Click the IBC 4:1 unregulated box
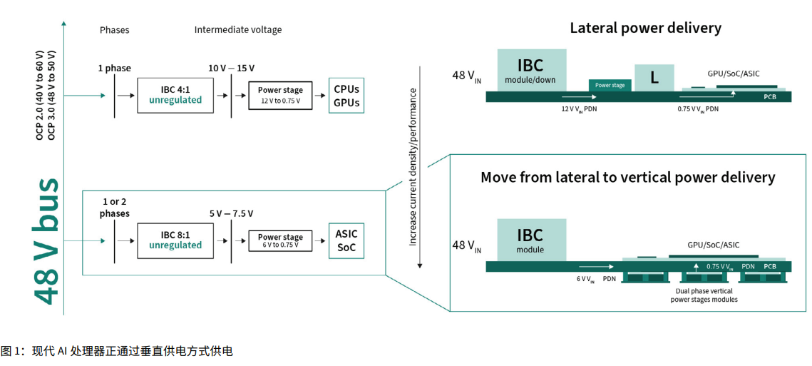[x=175, y=95]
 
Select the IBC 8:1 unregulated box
[x=175, y=240]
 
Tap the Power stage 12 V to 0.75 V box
[x=280, y=95]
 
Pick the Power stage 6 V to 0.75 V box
[x=280, y=240]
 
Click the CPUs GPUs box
[x=346, y=96]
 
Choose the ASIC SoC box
[x=346, y=240]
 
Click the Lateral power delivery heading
[x=645, y=29]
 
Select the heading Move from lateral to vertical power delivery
[x=627, y=176]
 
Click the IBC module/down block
[x=530, y=70]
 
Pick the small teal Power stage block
[x=610, y=85]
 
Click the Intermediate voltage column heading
[x=238, y=30]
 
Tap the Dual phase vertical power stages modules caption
[x=704, y=295]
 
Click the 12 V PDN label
[x=579, y=109]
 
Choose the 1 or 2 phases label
[x=115, y=208]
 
